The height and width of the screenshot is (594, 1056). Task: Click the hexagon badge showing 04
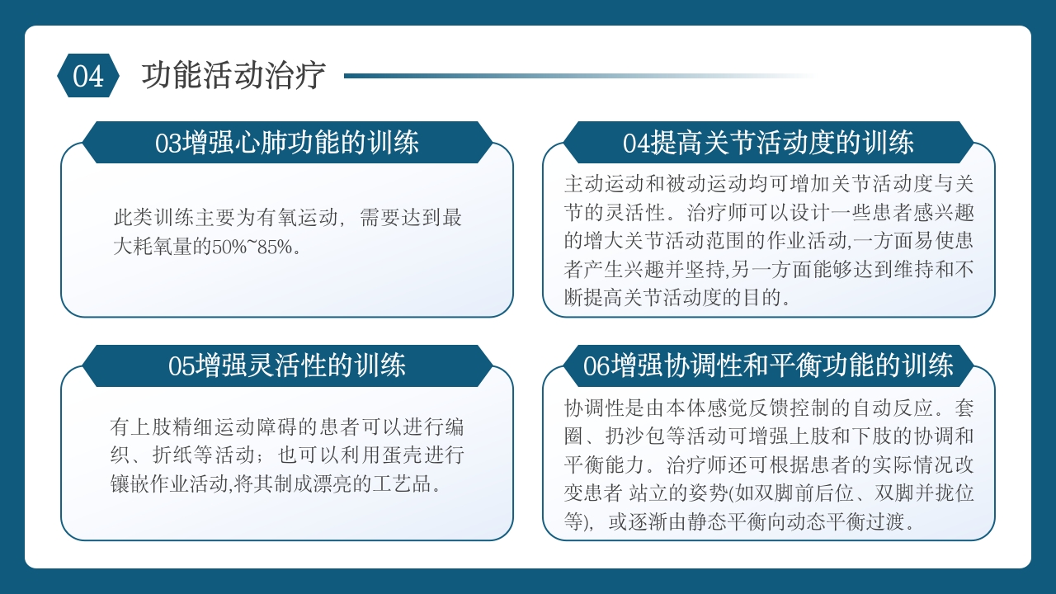pyautogui.click(x=88, y=76)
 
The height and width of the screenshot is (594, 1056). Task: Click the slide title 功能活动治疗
pyautogui.click(x=233, y=76)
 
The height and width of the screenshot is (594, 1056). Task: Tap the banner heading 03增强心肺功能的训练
pyautogui.click(x=287, y=143)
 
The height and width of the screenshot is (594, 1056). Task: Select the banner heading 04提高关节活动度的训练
pyautogui.click(x=768, y=143)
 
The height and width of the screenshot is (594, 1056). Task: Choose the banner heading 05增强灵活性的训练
pyautogui.click(x=287, y=365)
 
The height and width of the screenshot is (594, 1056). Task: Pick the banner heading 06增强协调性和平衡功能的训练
pyautogui.click(x=768, y=365)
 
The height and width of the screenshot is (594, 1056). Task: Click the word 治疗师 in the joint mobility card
pyautogui.click(x=737, y=213)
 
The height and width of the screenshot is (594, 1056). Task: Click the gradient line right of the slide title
pyautogui.click(x=577, y=76)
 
